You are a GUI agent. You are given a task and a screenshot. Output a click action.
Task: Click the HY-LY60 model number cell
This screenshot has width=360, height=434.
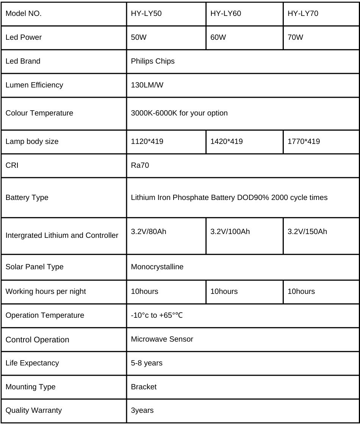coord(225,14)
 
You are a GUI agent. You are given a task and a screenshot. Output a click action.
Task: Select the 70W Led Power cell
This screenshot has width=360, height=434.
coord(295,37)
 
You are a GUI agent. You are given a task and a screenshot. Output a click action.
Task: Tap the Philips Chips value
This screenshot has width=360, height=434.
coord(153,61)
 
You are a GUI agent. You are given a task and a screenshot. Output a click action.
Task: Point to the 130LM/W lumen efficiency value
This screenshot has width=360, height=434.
coord(147,85)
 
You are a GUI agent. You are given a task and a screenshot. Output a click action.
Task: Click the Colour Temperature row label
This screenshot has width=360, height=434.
coord(39,113)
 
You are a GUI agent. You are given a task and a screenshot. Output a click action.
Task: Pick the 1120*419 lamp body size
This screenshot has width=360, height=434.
coord(147,141)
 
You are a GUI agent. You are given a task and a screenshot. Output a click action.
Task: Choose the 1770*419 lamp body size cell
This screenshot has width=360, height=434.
coord(304,141)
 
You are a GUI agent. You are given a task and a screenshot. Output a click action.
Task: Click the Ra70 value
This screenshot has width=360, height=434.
coord(140,165)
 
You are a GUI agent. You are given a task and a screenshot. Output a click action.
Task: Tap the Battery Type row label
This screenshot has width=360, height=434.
coord(27,197)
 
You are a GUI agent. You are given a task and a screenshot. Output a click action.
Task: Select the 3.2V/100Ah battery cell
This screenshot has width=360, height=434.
coord(230,231)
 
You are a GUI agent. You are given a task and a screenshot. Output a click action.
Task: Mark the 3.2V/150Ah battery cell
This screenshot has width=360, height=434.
coord(307,231)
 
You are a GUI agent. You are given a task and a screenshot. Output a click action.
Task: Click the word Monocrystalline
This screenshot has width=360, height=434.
coord(157,267)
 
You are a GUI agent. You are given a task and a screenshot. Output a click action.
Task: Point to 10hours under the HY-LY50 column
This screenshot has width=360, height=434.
coord(144,291)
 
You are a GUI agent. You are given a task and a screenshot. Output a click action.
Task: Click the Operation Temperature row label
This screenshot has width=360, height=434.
coord(45,315)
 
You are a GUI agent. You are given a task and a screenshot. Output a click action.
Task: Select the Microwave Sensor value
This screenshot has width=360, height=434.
coord(162,339)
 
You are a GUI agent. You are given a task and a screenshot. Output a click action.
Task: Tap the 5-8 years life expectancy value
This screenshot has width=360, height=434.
coord(146,363)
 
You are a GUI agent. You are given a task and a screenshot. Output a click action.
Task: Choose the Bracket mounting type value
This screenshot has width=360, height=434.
coord(144,387)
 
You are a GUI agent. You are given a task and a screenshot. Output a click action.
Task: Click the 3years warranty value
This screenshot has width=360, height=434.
coord(142,410)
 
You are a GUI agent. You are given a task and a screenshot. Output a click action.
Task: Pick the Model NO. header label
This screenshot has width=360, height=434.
coord(23,14)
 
